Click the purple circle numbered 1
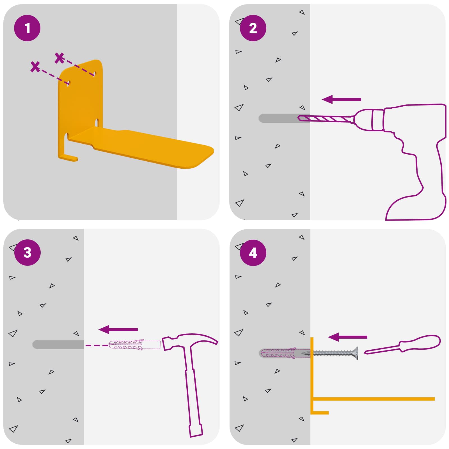coord(27,28)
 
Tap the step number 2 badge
coord(253,28)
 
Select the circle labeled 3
coord(27,252)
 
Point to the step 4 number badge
coord(253,253)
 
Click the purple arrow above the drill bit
coord(341,99)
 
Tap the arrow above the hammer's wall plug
coord(118,329)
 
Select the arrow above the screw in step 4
coord(347,337)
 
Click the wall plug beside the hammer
coord(134,345)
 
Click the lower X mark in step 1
coord(35,67)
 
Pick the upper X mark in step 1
coord(59,58)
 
